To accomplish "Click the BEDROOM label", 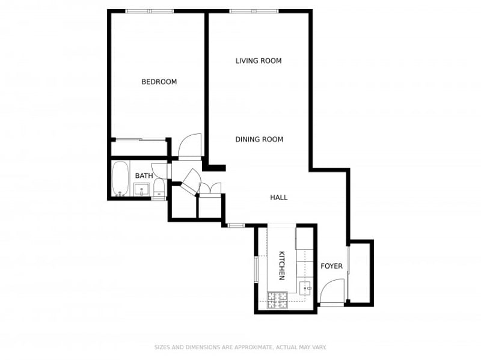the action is tap(159, 82).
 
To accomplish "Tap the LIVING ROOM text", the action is tap(259, 61).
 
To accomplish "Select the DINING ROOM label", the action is tap(259, 139).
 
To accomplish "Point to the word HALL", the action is tap(279, 198).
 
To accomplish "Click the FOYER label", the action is tap(332, 266).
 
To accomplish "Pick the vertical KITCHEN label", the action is tap(281, 266).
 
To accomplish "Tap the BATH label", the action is tap(144, 175).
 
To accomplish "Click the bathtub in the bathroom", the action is tap(120, 178).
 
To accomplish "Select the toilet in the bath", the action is tap(159, 188).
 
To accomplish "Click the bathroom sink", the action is tap(141, 189).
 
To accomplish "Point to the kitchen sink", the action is tap(305, 288).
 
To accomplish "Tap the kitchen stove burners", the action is tap(278, 301).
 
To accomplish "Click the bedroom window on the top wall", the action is tap(150, 11).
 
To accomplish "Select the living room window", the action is tap(254, 11).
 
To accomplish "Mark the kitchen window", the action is tap(256, 269).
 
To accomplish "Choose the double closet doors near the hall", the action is tap(210, 188).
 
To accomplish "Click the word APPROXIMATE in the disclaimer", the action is tap(253, 347).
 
